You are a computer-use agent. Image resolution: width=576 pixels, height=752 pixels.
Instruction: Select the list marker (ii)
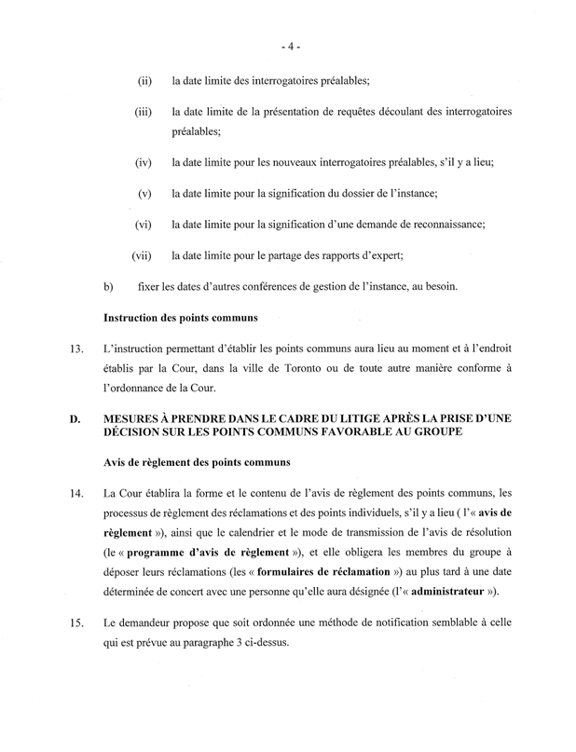point(144,82)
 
